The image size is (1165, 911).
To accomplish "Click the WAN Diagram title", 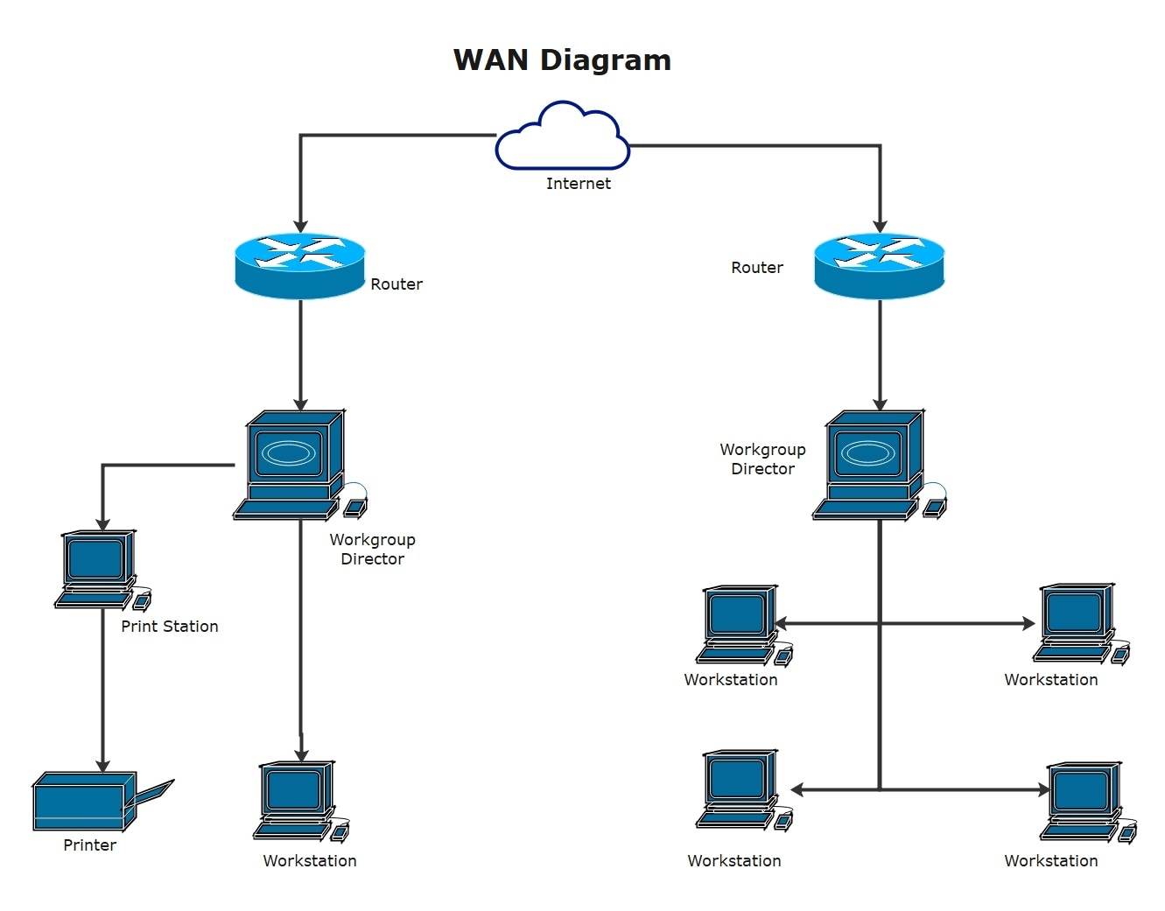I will coord(562,60).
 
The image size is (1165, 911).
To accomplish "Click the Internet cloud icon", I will coord(562,138).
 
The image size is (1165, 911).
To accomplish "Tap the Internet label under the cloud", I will coord(578,184).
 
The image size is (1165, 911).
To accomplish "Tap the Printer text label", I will coord(89,845).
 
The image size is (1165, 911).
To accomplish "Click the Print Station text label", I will coord(170,627).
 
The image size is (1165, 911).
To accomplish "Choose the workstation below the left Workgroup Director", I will coord(298,802).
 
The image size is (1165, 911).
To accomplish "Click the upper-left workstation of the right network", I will coord(740,624).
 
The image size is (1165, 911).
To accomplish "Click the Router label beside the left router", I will coord(397,284).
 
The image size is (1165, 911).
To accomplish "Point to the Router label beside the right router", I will coord(757,268).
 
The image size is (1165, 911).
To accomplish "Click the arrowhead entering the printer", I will coord(102,766).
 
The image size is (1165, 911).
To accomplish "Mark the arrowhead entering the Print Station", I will coord(102,524).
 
